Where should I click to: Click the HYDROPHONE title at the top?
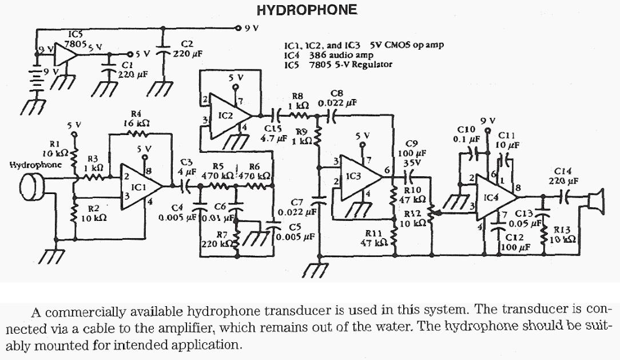[307, 10]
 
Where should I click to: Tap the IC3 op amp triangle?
[357, 177]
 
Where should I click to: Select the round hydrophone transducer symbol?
[32, 185]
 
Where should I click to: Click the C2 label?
[187, 43]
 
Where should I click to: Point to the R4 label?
[136, 114]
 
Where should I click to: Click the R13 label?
[563, 230]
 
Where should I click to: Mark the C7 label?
[296, 202]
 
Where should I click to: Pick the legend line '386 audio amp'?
[341, 56]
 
